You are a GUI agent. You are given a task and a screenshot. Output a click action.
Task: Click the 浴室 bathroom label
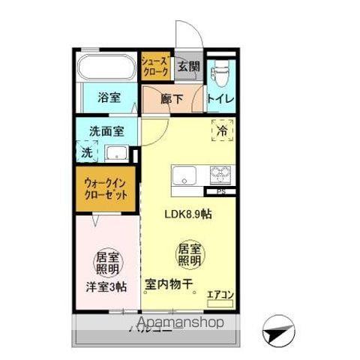(109, 97)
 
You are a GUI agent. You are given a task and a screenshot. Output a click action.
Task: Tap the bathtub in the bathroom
(106, 67)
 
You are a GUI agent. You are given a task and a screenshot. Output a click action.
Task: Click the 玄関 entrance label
(188, 67)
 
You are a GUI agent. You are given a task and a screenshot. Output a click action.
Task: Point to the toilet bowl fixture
(220, 74)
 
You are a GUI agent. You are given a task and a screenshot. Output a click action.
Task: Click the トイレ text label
(220, 98)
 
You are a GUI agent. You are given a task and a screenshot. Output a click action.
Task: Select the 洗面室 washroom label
(106, 130)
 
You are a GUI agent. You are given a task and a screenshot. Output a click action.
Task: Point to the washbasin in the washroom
(115, 154)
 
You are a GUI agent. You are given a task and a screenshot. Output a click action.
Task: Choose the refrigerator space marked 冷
(222, 130)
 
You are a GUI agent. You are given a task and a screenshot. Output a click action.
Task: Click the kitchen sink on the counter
(184, 176)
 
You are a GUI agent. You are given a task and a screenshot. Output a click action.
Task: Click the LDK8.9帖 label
(187, 213)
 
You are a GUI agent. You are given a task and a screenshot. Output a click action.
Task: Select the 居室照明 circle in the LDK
(189, 255)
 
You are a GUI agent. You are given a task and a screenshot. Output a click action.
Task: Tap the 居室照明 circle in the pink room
(107, 262)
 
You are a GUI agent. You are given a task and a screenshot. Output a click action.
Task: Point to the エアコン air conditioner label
(221, 295)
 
